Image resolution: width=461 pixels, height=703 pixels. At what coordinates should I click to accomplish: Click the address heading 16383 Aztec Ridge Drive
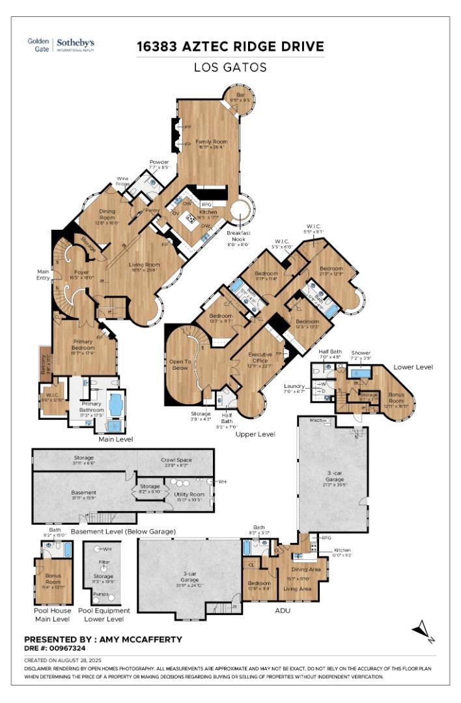pos(230,47)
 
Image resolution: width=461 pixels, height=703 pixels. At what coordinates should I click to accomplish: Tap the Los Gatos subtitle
pos(230,67)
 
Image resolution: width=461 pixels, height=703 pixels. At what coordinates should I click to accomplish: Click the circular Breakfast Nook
pos(241,212)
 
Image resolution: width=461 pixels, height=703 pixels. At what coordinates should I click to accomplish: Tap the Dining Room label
pos(107,215)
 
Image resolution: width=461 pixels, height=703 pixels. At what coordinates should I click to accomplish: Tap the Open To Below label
pos(180,365)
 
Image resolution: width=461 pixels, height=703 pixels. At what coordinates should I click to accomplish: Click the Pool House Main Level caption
pos(53,614)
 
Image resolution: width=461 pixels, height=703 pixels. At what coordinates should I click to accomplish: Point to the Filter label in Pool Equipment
pos(103,560)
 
